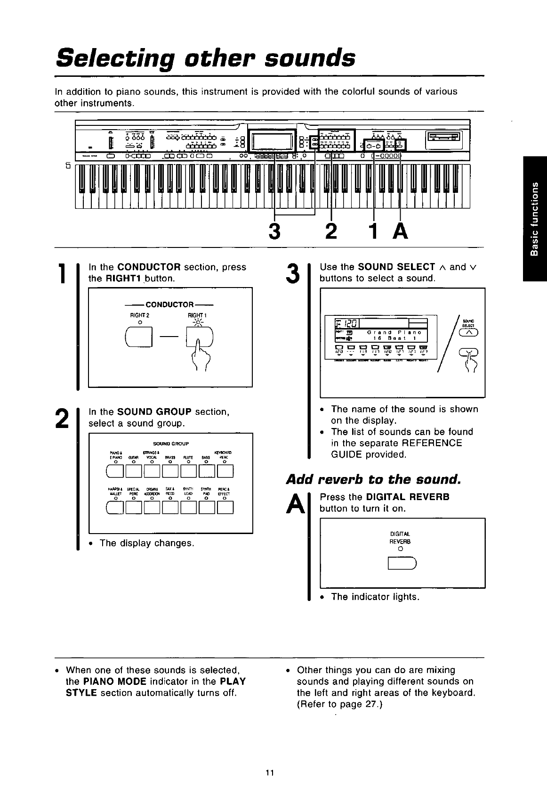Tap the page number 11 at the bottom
(269, 772)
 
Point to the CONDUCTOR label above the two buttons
(170, 304)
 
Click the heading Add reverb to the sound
(373, 480)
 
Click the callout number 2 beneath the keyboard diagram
(331, 231)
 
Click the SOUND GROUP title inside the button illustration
(171, 444)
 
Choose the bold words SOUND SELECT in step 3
(396, 267)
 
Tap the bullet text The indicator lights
(375, 597)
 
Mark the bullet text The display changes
(146, 543)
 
